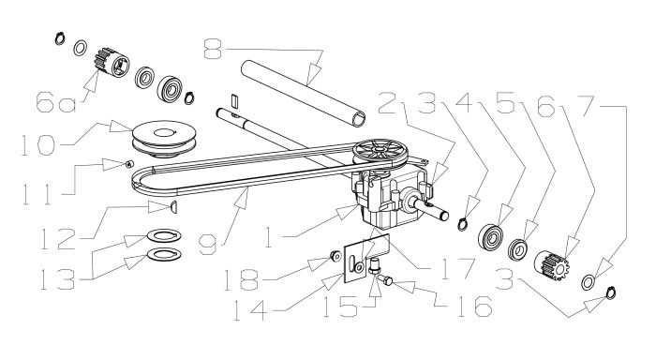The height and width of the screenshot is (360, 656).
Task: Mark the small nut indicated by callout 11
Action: coord(129,165)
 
